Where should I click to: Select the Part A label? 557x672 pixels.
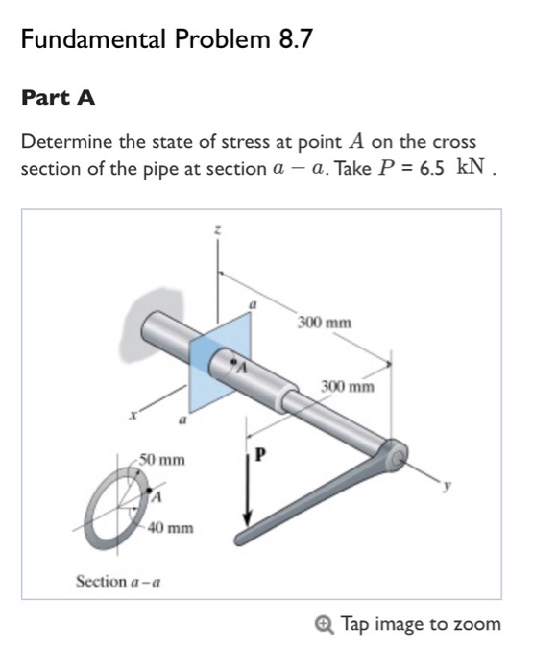tap(58, 98)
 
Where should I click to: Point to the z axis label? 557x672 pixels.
tap(219, 230)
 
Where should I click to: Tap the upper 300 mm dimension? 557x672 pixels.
tap(324, 323)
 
